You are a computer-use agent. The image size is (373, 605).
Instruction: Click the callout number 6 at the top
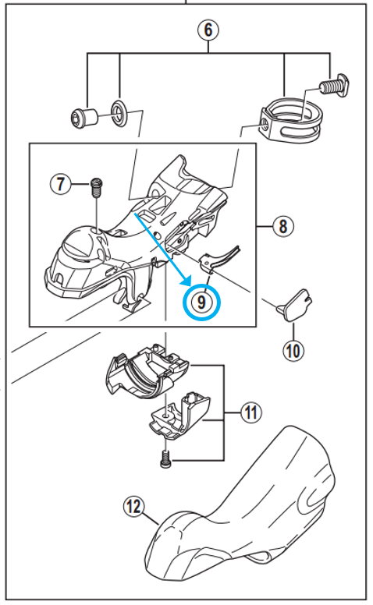(x=208, y=30)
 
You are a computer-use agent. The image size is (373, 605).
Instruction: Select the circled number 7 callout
(x=60, y=184)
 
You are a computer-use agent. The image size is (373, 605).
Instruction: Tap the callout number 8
(x=283, y=226)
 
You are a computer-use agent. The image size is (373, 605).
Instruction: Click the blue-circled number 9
(x=201, y=302)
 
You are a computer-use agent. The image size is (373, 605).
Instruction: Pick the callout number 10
(x=293, y=351)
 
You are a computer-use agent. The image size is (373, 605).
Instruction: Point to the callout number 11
(x=251, y=412)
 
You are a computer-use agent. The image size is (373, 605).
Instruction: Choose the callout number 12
(x=134, y=506)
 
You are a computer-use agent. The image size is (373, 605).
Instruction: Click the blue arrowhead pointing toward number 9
(x=186, y=280)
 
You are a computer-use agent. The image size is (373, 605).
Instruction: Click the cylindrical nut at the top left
(x=84, y=118)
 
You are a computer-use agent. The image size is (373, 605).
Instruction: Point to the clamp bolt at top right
(x=335, y=84)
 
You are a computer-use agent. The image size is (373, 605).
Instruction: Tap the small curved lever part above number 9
(x=219, y=259)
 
